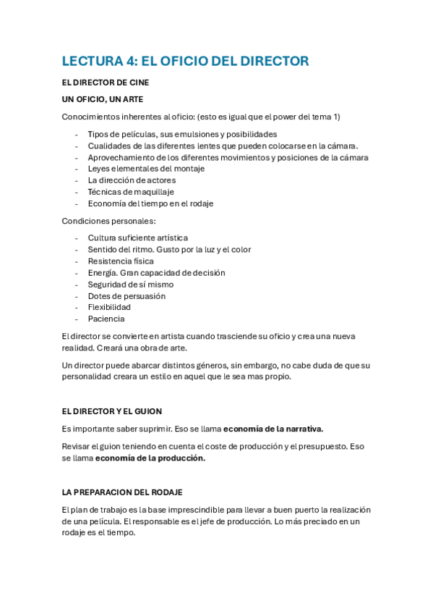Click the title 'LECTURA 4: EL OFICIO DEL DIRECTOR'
coord(185,61)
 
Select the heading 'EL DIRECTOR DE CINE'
coord(106,83)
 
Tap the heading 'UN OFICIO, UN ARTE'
coord(107,99)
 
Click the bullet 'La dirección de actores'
coord(132,180)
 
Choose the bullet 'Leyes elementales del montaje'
coord(146,169)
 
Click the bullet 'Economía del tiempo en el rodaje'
coord(150,203)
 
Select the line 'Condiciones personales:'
coord(108,221)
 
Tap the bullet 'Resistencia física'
coord(121,261)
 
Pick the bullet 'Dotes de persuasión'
coord(127,296)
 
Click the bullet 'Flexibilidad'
coord(109,307)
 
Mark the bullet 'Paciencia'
coord(106,319)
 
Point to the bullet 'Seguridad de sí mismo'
coord(131,285)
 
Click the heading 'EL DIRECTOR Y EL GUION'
coord(112,411)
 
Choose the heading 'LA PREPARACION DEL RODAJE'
coord(122,492)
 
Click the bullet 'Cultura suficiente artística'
coord(138,237)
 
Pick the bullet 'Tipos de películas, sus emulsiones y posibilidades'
coord(182,134)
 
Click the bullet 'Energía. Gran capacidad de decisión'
coord(156,273)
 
